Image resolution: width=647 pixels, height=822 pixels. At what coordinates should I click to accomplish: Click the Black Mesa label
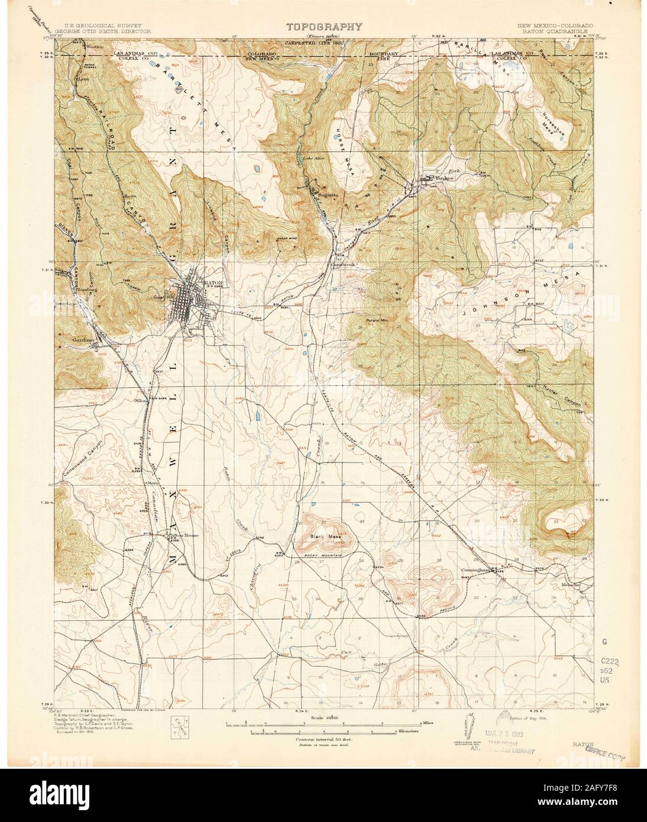[x=323, y=537]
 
